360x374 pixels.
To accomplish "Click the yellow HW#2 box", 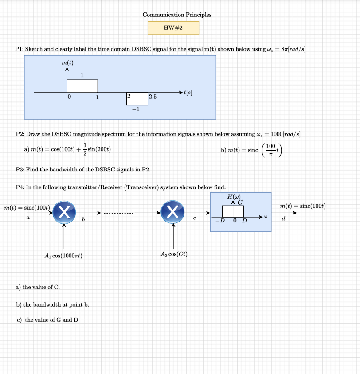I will pos(173,28).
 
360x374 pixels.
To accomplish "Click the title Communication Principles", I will pos(177,15).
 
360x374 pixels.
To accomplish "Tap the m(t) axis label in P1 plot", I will pos(67,63).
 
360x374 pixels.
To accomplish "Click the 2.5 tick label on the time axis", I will pos(153,96).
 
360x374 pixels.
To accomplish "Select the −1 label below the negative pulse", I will pos(137,109).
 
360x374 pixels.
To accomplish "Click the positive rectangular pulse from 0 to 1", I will pos(82,86).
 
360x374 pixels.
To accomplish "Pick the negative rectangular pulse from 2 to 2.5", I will pos(137,99).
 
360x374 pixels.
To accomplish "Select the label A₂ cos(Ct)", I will pos(173,254).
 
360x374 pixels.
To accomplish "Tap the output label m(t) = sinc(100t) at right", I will pos(303,206).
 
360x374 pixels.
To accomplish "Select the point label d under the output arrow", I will pos(284,218).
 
